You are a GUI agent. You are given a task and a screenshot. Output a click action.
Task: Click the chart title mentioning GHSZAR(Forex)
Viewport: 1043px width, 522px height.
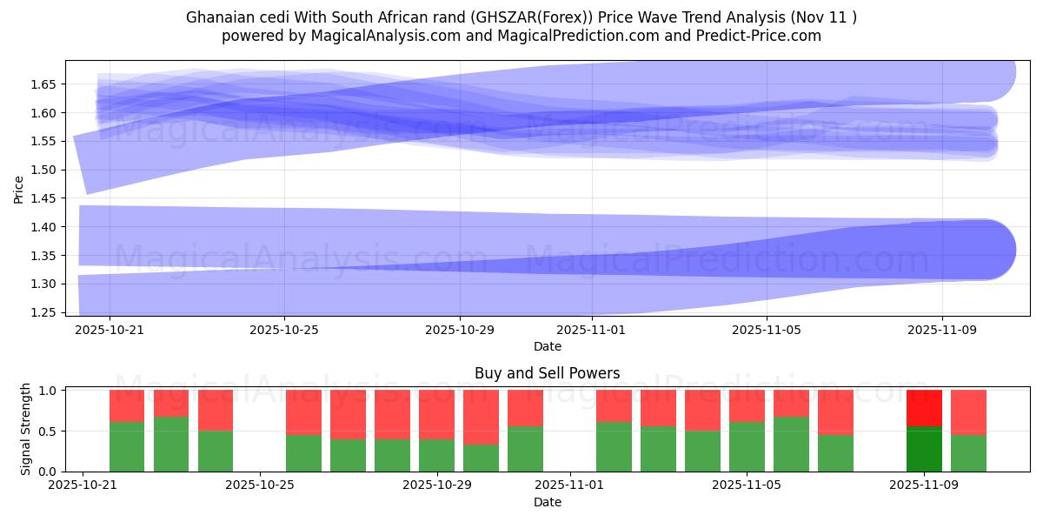point(521,17)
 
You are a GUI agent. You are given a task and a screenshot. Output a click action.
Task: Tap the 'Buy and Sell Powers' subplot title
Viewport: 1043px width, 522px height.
point(547,373)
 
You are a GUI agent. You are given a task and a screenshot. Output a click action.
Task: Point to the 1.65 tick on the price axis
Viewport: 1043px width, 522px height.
point(43,84)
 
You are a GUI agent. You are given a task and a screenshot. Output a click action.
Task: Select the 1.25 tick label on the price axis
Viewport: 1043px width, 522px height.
point(43,312)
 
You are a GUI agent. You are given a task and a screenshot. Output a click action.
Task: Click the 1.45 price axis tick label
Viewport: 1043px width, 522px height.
point(43,198)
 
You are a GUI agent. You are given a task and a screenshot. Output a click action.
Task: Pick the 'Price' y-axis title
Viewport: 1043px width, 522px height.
point(19,188)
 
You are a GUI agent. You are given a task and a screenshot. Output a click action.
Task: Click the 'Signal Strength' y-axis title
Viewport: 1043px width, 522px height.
point(26,429)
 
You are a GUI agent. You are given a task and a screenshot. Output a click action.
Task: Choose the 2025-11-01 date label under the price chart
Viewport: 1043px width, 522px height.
point(591,331)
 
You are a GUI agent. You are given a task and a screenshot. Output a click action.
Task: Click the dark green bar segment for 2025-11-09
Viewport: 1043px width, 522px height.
point(924,449)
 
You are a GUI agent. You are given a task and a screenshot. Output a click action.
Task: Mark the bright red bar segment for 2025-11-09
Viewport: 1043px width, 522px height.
point(924,408)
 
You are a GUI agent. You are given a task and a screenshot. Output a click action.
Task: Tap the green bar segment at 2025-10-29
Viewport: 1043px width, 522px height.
point(436,455)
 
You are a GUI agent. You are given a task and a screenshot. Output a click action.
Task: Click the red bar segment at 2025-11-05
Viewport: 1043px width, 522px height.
point(747,405)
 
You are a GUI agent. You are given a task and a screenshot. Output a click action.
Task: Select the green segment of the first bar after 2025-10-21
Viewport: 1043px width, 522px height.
point(127,446)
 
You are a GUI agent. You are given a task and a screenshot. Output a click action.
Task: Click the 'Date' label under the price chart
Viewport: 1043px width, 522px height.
point(547,346)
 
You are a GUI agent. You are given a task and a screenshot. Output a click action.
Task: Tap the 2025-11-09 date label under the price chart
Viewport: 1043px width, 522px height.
point(942,331)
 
